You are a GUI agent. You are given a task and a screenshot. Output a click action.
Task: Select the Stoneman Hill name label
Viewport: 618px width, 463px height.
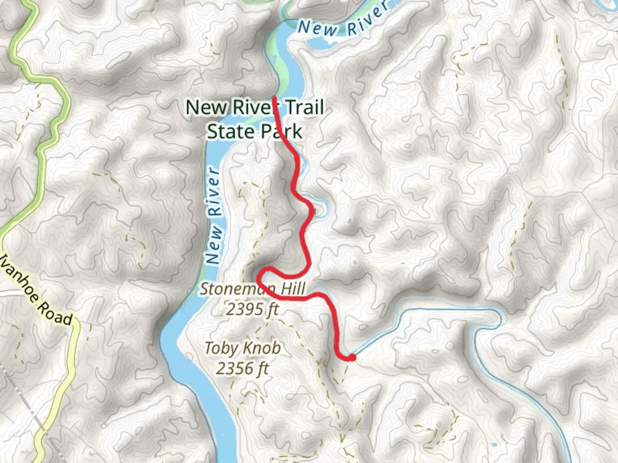point(252,289)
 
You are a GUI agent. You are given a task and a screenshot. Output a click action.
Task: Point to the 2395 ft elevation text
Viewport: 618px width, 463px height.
point(252,309)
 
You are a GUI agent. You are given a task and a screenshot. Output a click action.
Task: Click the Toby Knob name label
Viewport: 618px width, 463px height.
point(242,348)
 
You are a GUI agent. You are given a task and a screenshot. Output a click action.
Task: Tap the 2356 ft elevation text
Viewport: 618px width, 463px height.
point(242,368)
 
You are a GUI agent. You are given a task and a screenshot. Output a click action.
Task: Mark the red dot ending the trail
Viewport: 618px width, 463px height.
point(352,357)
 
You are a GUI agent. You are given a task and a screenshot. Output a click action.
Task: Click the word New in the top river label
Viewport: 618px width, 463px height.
point(318,28)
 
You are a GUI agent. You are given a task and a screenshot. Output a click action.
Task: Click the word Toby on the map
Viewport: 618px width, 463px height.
point(220,348)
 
